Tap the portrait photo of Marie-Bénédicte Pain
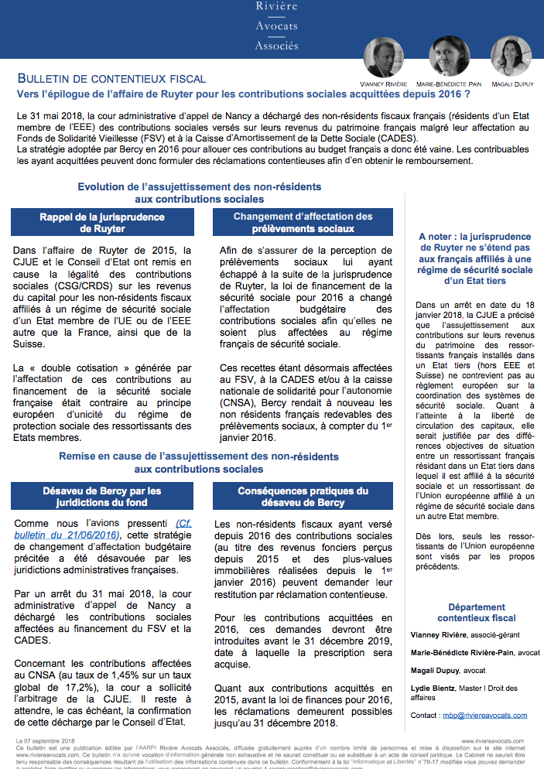coord(448,56)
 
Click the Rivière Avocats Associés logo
coord(276,26)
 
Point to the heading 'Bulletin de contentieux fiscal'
coord(111,79)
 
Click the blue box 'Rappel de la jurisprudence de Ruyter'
coord(101,223)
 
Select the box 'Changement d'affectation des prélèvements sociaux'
coord(303,223)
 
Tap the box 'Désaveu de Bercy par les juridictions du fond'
coord(101,497)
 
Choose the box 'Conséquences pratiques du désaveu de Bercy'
coord(303,497)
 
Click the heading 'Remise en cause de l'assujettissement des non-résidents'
coord(199,456)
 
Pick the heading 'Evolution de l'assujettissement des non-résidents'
coord(199,187)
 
